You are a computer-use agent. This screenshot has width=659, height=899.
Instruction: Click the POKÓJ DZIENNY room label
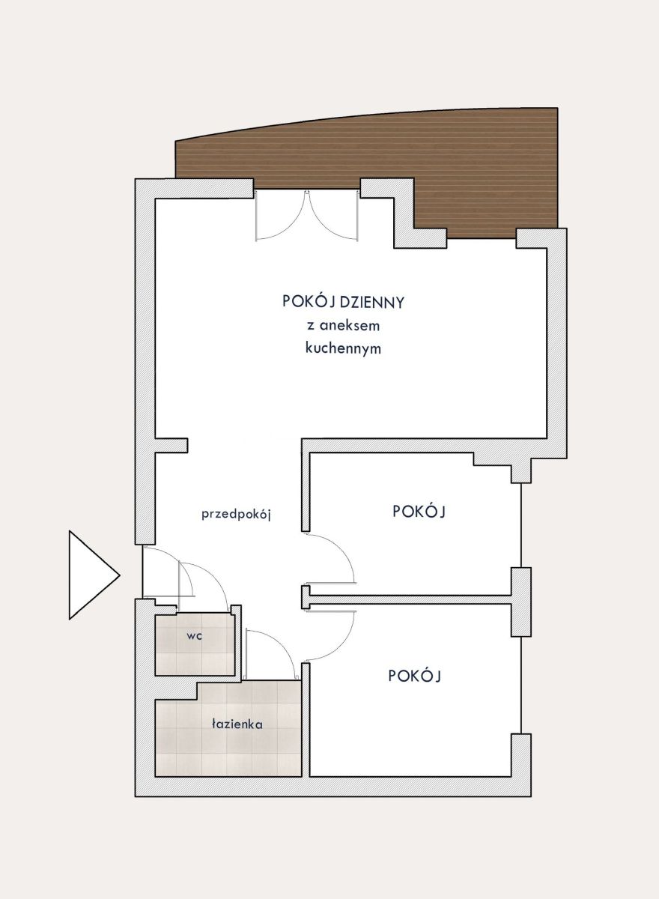[343, 302]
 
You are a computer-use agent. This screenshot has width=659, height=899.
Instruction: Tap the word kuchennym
[343, 348]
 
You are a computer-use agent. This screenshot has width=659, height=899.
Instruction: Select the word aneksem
[349, 325]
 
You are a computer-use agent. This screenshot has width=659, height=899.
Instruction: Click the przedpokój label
[236, 515]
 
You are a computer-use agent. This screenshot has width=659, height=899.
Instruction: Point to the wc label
[194, 636]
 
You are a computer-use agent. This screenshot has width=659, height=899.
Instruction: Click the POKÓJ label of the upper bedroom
[419, 511]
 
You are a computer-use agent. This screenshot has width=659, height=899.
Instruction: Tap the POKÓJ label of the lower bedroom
[415, 676]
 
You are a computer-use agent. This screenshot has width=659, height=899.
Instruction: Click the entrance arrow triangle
[91, 575]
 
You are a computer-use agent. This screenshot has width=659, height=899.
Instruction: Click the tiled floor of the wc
[195, 644]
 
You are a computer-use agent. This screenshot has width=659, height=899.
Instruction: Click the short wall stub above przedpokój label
[171, 446]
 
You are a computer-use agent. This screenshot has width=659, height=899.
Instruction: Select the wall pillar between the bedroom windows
[521, 602]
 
